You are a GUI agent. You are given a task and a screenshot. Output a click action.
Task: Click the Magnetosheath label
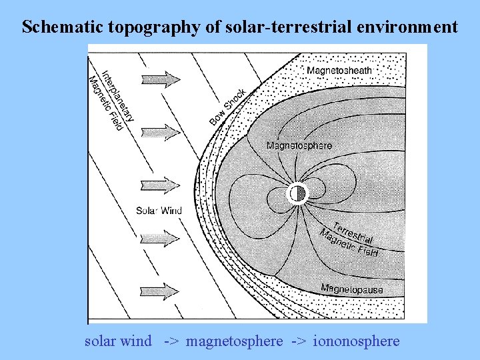point(339,70)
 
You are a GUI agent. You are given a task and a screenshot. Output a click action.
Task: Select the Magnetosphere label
point(299,145)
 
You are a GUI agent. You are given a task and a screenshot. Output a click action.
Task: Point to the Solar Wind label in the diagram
point(159,211)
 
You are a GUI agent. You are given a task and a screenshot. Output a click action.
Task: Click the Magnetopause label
point(352,289)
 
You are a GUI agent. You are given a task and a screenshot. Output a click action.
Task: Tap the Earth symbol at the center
point(297,193)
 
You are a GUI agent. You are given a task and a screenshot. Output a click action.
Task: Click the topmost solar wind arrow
point(161,79)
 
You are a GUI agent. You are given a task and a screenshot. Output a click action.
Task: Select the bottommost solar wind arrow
point(161,291)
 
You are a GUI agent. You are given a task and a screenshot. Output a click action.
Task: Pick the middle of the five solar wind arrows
point(161,183)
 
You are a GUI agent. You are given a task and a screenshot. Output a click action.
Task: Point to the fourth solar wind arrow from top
point(161,237)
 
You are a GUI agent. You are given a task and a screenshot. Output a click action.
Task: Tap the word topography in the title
point(144,27)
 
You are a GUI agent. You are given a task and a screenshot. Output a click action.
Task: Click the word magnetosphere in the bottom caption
point(235,341)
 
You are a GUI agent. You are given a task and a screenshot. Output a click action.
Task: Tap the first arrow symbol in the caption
point(171,341)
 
